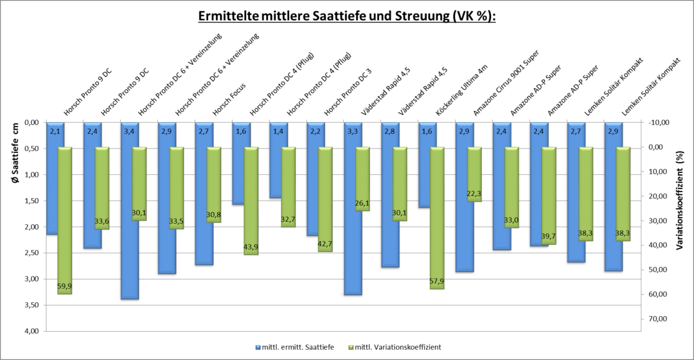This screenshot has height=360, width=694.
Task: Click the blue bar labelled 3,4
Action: click(130, 212)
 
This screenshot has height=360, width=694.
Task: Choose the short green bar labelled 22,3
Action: click(474, 174)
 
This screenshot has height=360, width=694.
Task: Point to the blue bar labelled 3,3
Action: click(353, 212)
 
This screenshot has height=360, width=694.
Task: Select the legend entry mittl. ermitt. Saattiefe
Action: click(295, 347)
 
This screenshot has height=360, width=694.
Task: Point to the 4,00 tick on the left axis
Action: click(30, 331)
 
